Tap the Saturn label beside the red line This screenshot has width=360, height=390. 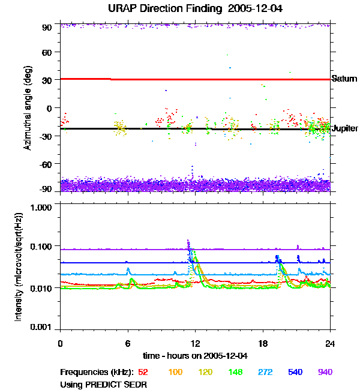pyautogui.click(x=344, y=79)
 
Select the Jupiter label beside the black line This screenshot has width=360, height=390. pyautogui.click(x=345, y=128)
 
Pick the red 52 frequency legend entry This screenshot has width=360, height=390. pyautogui.click(x=144, y=373)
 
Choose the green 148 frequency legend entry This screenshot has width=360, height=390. pyautogui.click(x=235, y=373)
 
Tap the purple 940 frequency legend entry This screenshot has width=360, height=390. pyautogui.click(x=325, y=373)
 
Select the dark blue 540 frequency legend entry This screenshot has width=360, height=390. pyautogui.click(x=295, y=373)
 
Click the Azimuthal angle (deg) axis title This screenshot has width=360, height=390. pyautogui.click(x=28, y=108)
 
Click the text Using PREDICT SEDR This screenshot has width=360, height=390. pyautogui.click(x=103, y=383)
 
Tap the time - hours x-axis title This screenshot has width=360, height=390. pyautogui.click(x=194, y=356)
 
